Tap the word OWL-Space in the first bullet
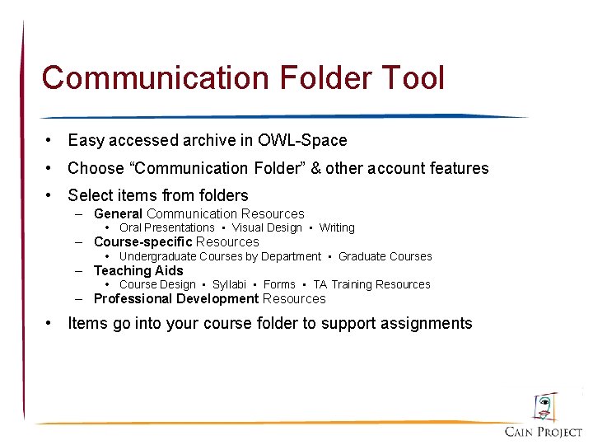tap(302, 140)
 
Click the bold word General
tap(119, 214)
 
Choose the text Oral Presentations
tap(167, 227)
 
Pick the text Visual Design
tap(267, 227)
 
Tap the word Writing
tap(337, 227)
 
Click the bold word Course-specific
tap(143, 242)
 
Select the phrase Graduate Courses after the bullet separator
tap(385, 256)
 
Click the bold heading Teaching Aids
tap(138, 270)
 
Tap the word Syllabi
tap(229, 284)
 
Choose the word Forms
tap(279, 284)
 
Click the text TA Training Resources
tap(371, 284)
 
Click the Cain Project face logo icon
tap(544, 406)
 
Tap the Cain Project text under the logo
tap(544, 432)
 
